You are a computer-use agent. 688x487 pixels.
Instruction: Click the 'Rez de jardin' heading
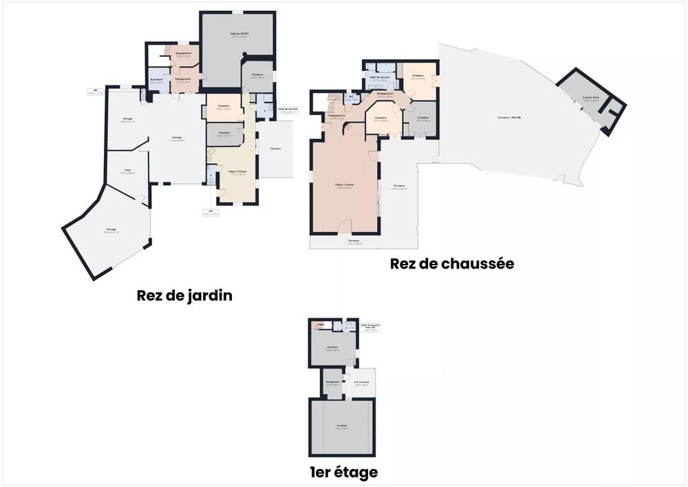click(x=184, y=296)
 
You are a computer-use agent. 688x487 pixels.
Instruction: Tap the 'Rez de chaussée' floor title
click(x=452, y=263)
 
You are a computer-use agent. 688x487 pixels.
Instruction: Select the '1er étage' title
click(x=343, y=473)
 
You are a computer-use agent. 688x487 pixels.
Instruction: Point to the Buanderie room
click(x=156, y=81)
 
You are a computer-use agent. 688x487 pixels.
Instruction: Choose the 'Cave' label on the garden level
click(x=127, y=171)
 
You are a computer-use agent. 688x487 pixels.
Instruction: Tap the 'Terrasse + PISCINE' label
click(x=509, y=118)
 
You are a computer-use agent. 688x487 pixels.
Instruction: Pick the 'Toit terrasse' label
click(x=361, y=382)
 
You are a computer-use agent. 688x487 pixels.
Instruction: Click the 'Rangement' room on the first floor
click(x=333, y=382)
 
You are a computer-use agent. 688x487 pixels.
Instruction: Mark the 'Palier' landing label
click(x=321, y=324)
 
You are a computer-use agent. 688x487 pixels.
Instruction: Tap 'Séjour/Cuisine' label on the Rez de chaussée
click(x=344, y=185)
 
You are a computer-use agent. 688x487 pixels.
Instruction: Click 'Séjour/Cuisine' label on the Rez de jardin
click(x=237, y=172)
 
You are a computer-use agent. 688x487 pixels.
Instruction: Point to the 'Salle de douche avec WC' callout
click(x=370, y=327)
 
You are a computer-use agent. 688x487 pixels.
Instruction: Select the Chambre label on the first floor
click(x=332, y=347)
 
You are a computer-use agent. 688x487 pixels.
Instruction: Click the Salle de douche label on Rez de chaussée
click(x=380, y=77)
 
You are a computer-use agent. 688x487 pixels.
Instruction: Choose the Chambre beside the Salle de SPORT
click(x=257, y=75)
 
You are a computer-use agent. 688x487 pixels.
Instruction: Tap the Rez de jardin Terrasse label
click(x=275, y=149)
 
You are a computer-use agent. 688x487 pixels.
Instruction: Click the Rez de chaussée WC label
click(x=351, y=97)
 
